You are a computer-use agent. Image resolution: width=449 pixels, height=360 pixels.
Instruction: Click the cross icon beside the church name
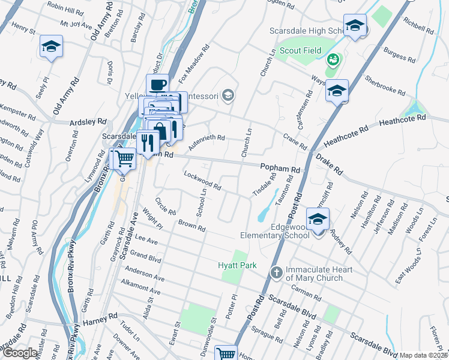point(276,273)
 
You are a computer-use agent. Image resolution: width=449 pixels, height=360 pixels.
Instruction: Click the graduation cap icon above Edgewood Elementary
point(318,220)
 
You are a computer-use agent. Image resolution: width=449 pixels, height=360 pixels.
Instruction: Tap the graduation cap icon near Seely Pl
point(51,47)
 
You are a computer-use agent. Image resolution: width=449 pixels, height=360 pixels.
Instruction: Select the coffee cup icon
point(158,85)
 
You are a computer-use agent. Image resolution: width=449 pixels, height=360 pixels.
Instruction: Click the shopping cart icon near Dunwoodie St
point(226,353)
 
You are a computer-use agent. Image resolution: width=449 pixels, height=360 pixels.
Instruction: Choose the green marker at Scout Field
point(333,60)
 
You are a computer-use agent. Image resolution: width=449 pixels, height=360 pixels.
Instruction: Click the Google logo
point(20,353)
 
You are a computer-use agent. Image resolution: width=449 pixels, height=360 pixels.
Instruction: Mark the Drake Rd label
point(328,164)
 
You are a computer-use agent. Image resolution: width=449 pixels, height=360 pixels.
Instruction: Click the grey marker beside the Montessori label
point(228,95)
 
